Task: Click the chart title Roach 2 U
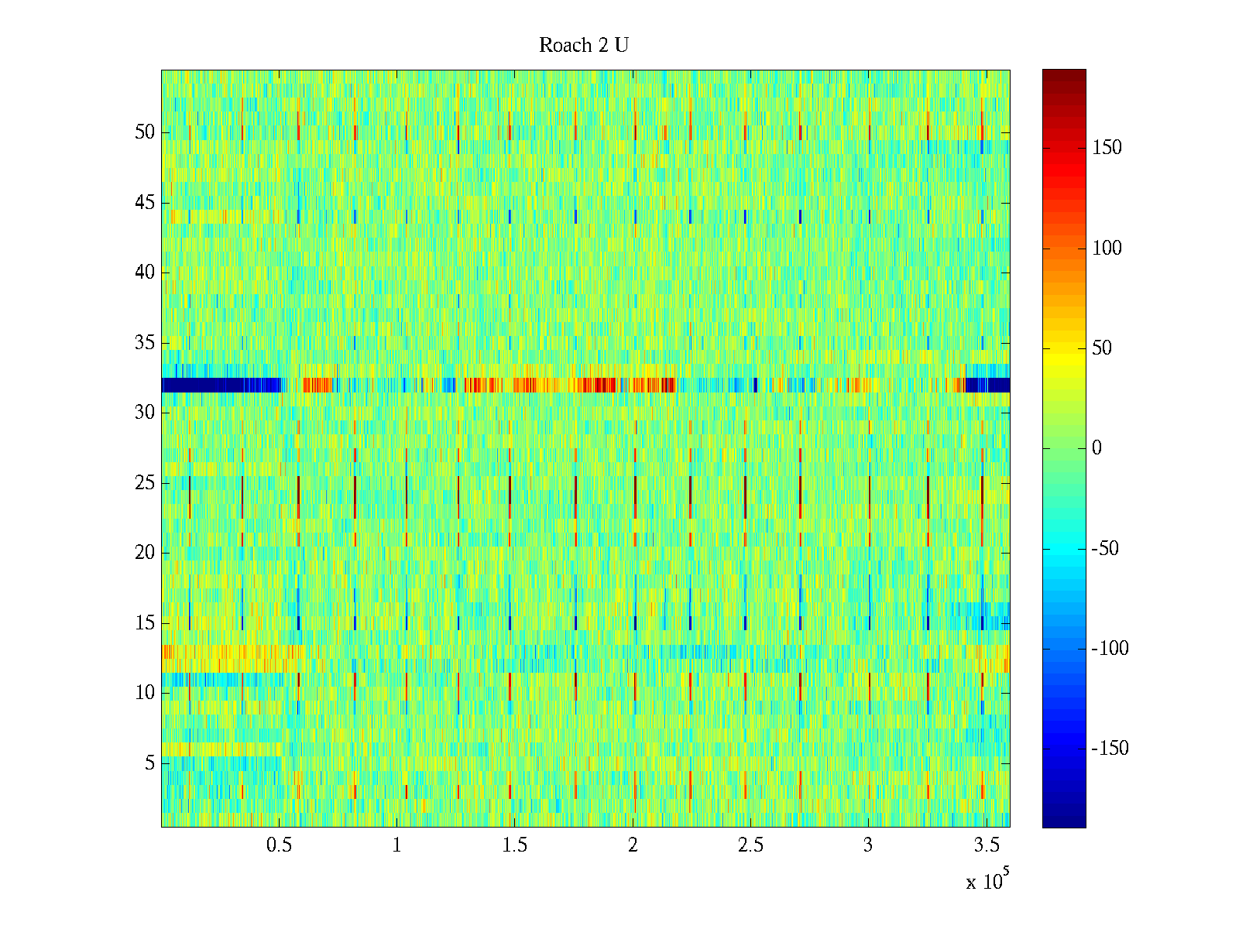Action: [584, 46]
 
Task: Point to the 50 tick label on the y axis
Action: [145, 132]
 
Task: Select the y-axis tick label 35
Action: [145, 343]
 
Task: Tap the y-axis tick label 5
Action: [149, 763]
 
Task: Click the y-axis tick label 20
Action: [145, 553]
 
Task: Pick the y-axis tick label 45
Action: [145, 203]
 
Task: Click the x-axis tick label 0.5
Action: [279, 845]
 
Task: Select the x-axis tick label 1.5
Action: [515, 845]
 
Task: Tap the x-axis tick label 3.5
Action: [987, 845]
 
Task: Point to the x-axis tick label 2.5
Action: [750, 845]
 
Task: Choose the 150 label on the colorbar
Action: [1107, 148]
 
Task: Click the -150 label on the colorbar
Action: [1110, 749]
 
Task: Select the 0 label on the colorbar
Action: [1097, 448]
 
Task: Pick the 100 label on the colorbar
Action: [1107, 249]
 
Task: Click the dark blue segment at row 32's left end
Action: [221, 385]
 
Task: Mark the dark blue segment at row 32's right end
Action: [987, 385]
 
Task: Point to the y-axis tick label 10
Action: [145, 693]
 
